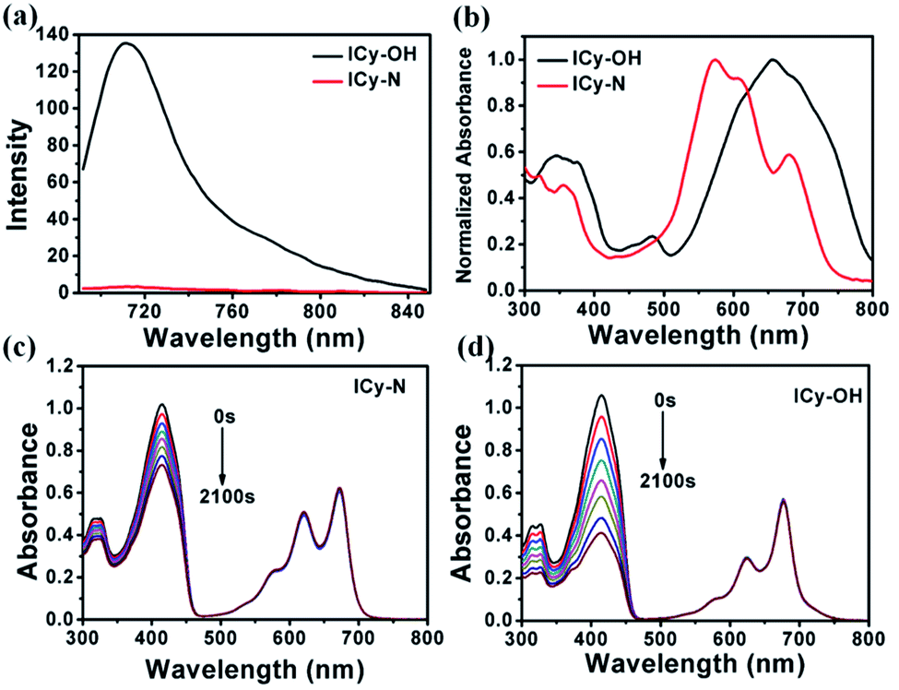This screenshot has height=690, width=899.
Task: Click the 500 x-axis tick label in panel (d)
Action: (660, 636)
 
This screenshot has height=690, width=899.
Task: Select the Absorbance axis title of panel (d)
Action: (469, 502)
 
